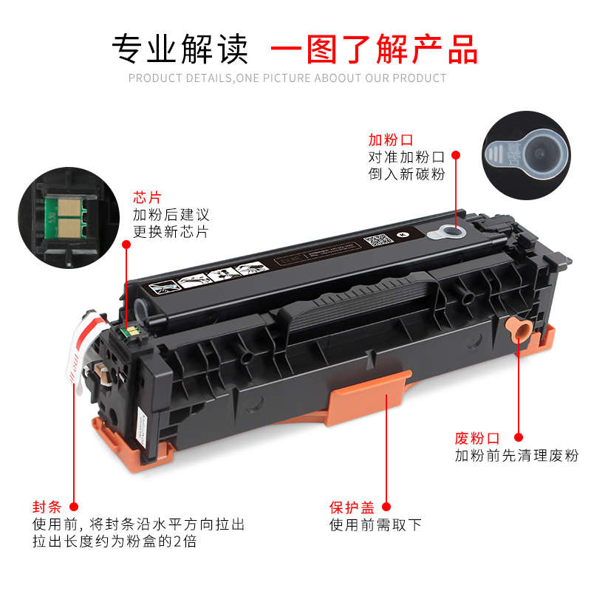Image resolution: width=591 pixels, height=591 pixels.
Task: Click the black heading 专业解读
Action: [x=180, y=49]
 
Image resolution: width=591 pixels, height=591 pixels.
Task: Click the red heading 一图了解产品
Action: [x=374, y=49]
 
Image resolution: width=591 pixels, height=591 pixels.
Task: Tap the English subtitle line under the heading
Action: [x=287, y=78]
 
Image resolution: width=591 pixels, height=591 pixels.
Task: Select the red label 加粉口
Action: [x=391, y=140]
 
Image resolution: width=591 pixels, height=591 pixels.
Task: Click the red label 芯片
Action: [x=146, y=197]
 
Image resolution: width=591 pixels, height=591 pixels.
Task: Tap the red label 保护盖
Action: [x=352, y=508]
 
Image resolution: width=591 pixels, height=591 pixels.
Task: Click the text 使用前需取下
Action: [x=375, y=525]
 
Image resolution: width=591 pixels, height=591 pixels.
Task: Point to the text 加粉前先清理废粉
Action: [x=516, y=456]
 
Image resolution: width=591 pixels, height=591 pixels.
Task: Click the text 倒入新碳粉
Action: [x=406, y=174]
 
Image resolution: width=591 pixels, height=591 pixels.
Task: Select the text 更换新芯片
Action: [x=171, y=232]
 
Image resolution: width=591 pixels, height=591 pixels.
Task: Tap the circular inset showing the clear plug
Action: [x=525, y=155]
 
